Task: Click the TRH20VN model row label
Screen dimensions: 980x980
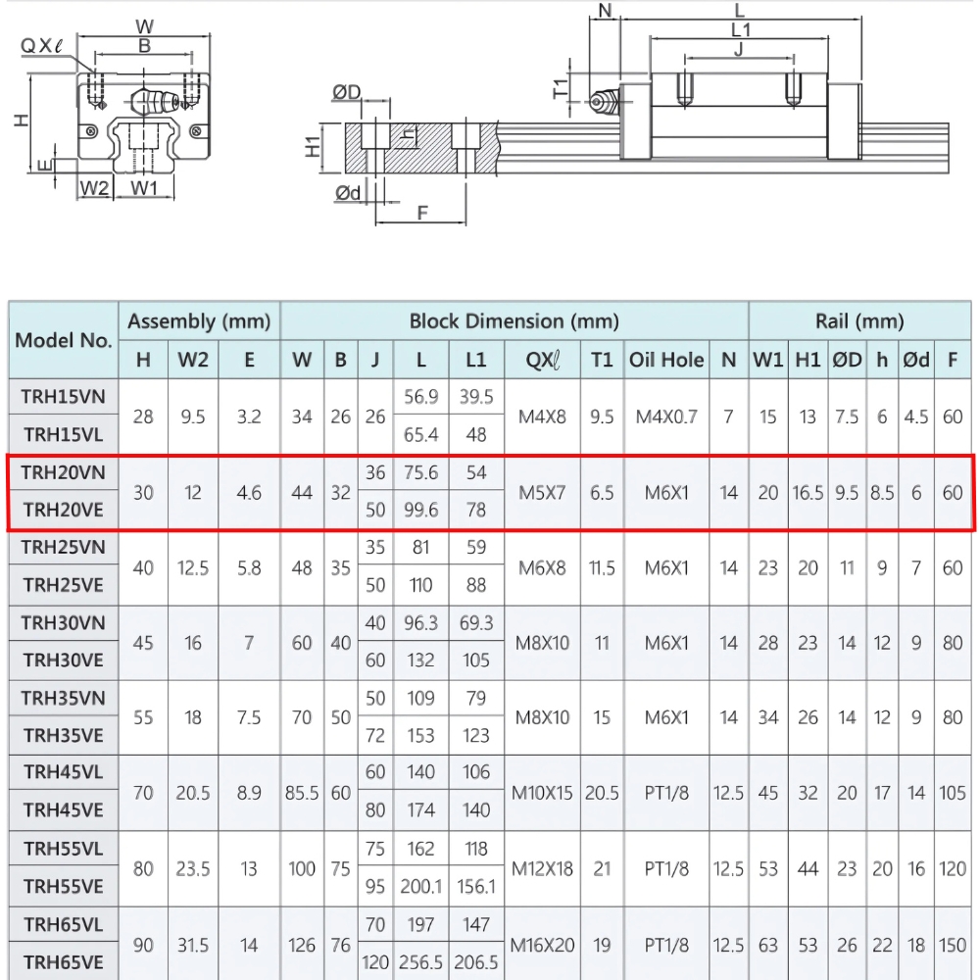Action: click(x=63, y=472)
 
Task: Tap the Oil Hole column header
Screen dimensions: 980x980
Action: click(x=666, y=360)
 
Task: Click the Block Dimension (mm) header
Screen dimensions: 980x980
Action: click(x=514, y=320)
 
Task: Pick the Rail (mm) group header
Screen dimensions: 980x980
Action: click(x=859, y=320)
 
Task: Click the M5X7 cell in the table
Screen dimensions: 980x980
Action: click(x=541, y=492)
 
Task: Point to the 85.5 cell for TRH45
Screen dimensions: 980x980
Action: click(x=302, y=793)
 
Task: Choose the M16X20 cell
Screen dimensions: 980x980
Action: click(x=541, y=945)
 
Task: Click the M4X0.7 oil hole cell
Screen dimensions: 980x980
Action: click(x=666, y=416)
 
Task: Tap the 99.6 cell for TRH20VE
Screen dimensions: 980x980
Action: click(x=421, y=511)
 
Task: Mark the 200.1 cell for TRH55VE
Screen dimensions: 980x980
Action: click(x=421, y=887)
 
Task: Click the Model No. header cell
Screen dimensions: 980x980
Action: click(x=64, y=340)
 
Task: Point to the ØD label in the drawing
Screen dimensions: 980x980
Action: click(x=347, y=93)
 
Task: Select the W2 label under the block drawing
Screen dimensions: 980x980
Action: click(x=94, y=187)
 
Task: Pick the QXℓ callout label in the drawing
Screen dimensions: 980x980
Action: click(x=43, y=44)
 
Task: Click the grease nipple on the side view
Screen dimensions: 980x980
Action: click(x=602, y=102)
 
